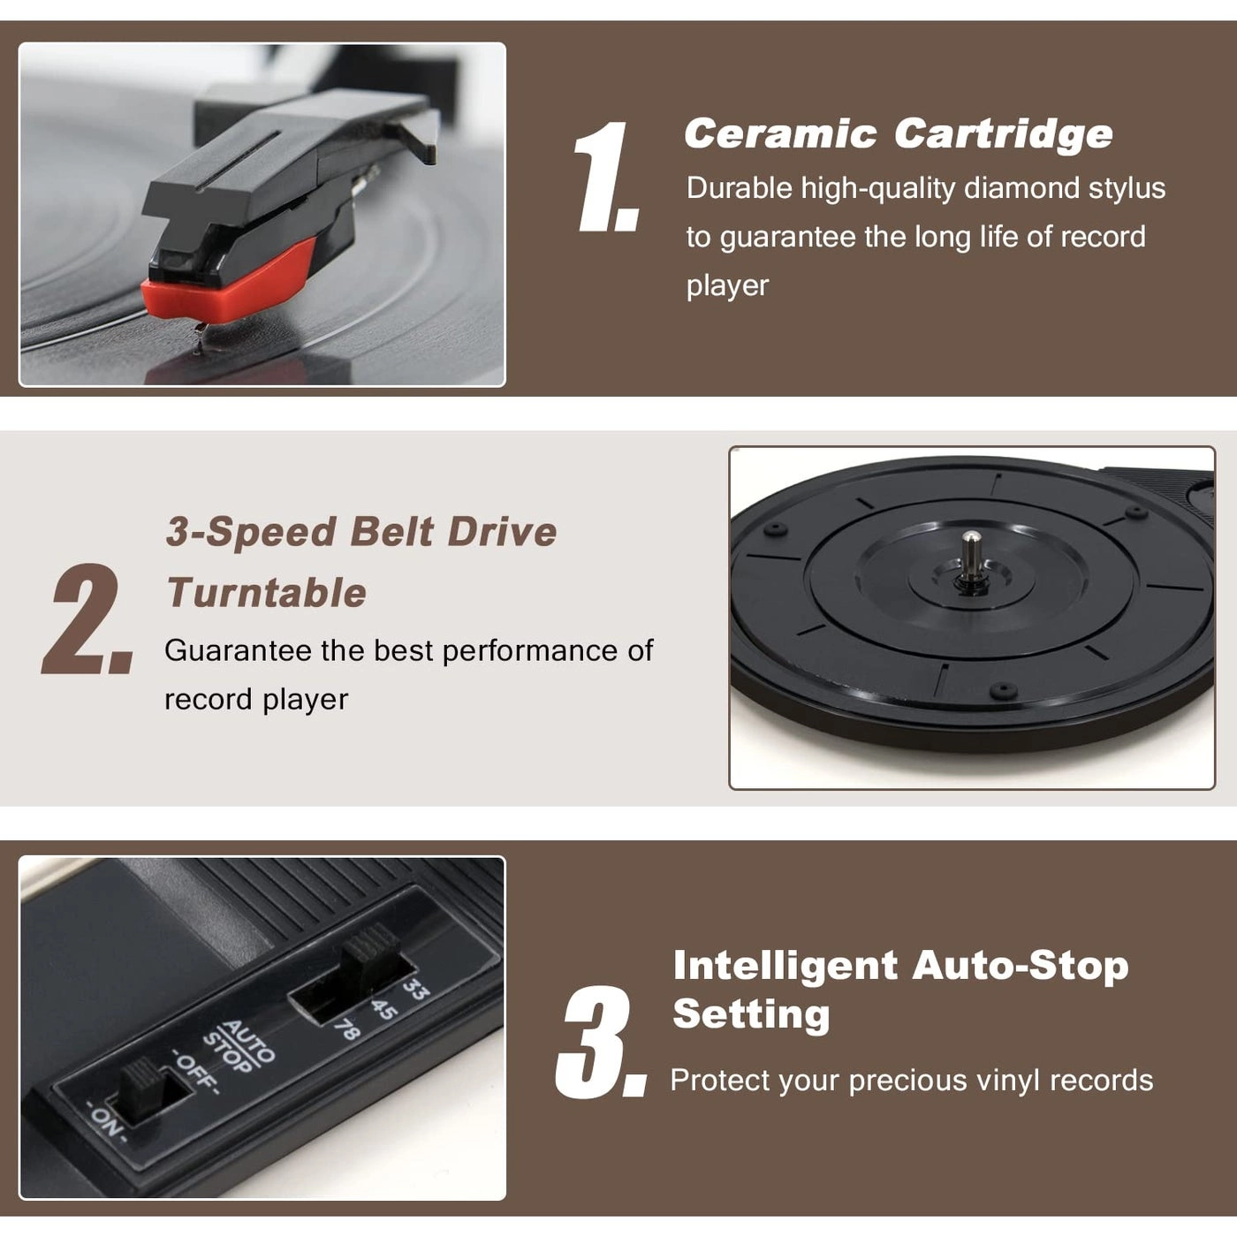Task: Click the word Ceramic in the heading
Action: [x=779, y=134]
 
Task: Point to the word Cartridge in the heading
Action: [x=1003, y=134]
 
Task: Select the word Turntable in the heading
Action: [x=266, y=593]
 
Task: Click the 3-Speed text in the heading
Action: [x=251, y=533]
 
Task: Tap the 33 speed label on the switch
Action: [x=415, y=989]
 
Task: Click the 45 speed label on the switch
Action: [x=383, y=1009]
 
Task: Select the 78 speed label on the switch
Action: [x=346, y=1030]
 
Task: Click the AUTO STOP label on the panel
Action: [x=239, y=1048]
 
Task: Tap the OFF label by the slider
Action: [x=195, y=1071]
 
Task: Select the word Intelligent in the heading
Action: [x=785, y=966]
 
